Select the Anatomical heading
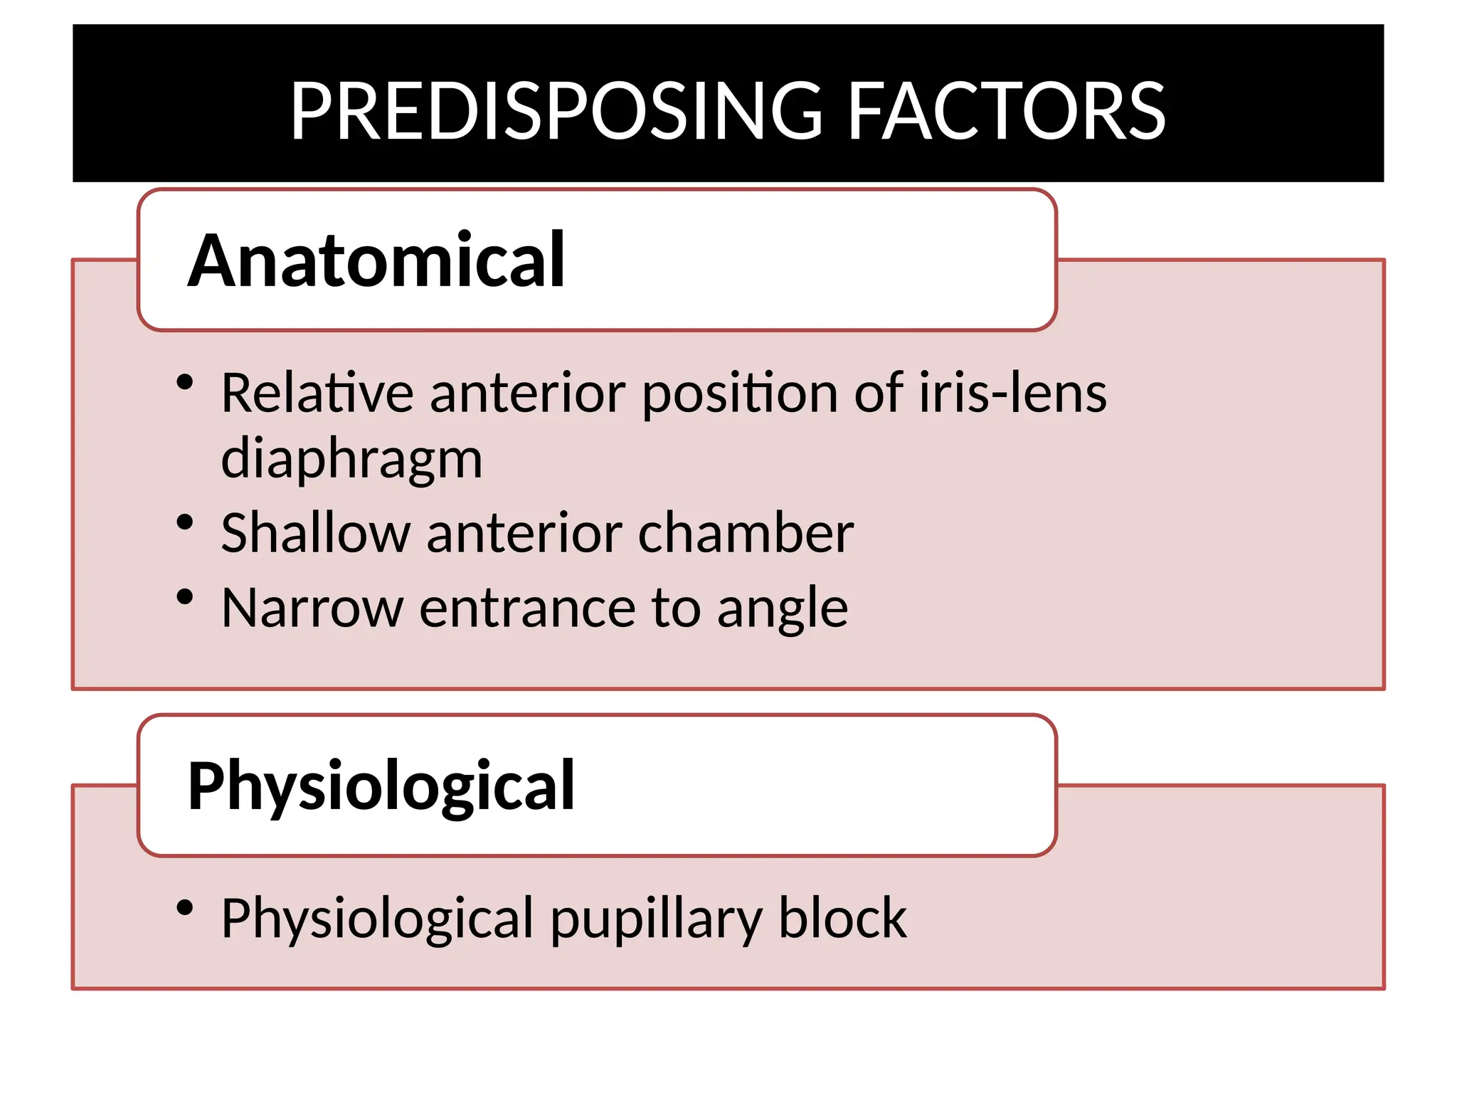[x=376, y=261]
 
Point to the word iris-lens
[x=1012, y=393]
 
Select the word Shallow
[x=315, y=533]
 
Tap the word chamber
[x=746, y=533]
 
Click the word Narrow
[x=312, y=608]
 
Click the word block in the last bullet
[x=842, y=918]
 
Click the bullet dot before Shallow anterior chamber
[x=185, y=523]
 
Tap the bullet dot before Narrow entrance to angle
[x=185, y=597]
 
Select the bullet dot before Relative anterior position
[x=185, y=383]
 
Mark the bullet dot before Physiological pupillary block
[x=185, y=908]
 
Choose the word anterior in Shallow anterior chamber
[x=524, y=533]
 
